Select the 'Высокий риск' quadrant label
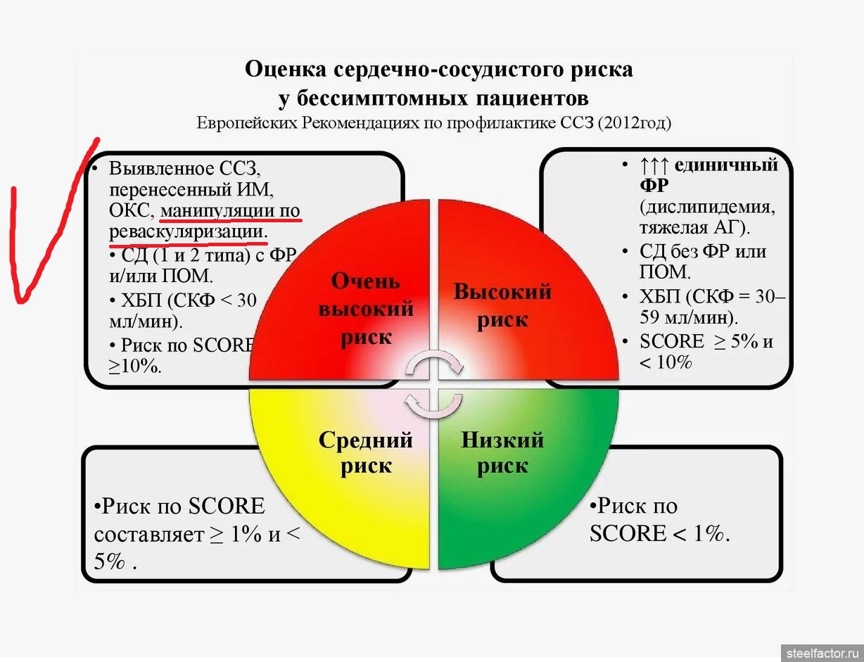(502, 305)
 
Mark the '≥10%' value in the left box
(134, 366)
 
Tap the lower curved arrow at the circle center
(433, 407)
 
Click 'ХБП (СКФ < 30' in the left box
(184, 300)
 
